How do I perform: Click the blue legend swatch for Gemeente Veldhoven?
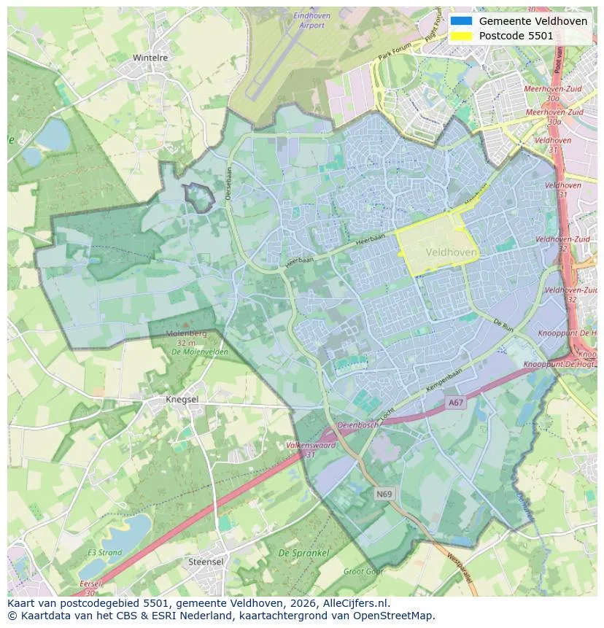click(x=461, y=21)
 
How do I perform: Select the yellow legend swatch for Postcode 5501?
click(x=461, y=36)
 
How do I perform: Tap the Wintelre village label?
click(x=150, y=58)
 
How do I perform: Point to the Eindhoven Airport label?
click(x=311, y=20)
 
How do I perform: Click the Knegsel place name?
click(x=182, y=400)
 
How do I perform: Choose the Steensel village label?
click(x=206, y=562)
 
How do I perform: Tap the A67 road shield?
click(x=456, y=403)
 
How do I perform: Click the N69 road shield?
click(x=384, y=494)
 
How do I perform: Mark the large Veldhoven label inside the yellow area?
click(x=451, y=252)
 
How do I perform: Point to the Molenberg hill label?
click(x=187, y=333)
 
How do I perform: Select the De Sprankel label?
click(x=303, y=554)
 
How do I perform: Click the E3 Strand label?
click(x=104, y=553)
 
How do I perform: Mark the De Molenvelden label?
click(x=199, y=352)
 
